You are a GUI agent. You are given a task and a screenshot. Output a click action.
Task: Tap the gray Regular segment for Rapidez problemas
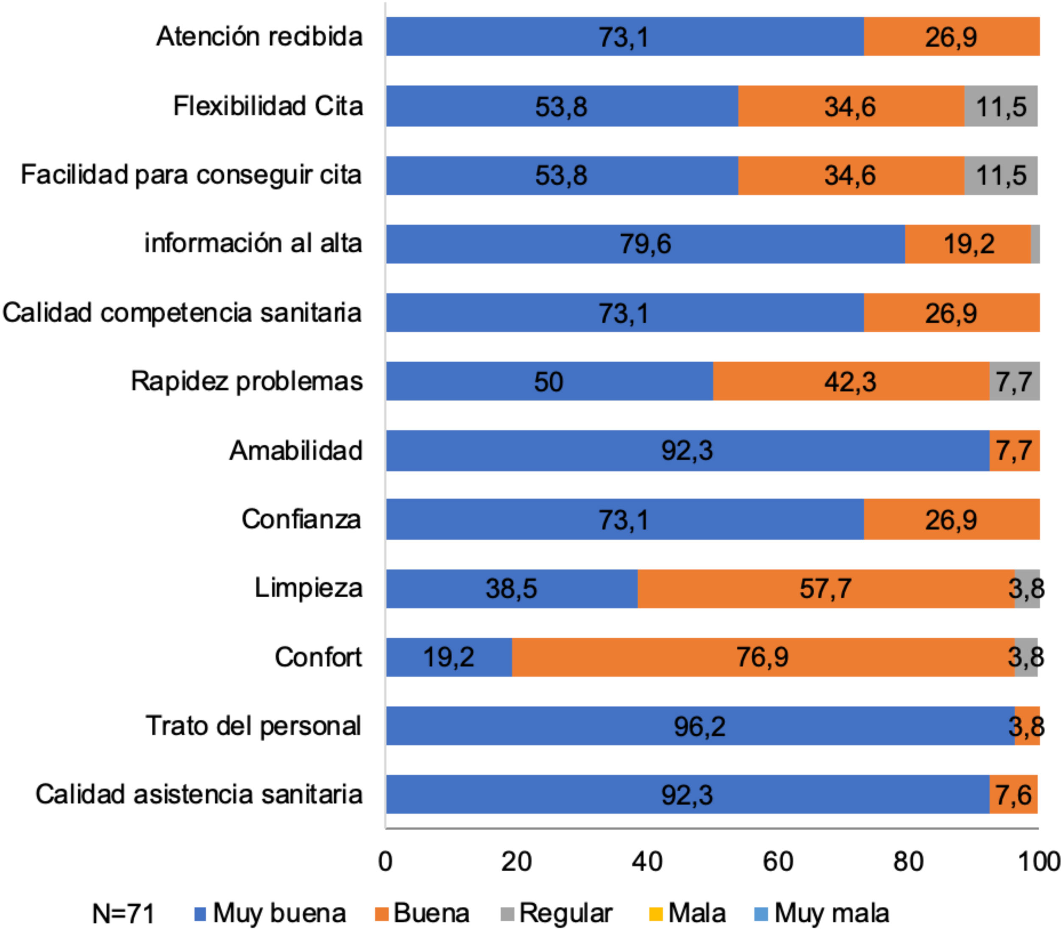1014,381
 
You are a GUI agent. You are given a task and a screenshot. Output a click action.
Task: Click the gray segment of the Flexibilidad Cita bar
1001,106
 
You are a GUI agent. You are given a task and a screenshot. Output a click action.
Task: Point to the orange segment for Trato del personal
1027,726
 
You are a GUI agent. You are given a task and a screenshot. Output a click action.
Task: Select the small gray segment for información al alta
1035,244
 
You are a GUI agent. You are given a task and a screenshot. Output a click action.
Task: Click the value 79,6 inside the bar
645,244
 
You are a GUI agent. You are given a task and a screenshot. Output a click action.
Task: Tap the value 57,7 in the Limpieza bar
825,588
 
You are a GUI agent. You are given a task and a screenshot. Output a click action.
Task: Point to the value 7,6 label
1013,795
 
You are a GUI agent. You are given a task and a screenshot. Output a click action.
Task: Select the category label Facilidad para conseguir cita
191,175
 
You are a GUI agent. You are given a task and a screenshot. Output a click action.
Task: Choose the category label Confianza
301,519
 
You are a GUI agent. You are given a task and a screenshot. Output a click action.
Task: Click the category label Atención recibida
259,36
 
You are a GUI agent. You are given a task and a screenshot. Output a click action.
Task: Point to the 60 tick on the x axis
777,862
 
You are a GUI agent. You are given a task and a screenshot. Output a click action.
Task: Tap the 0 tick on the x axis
385,862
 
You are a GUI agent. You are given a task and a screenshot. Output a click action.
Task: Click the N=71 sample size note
123,913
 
